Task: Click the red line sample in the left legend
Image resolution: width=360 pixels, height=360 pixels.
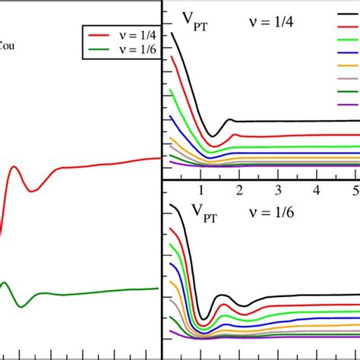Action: point(100,35)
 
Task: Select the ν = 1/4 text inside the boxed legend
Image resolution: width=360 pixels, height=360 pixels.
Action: point(135,35)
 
